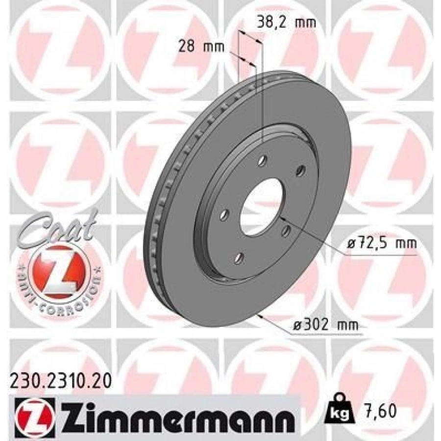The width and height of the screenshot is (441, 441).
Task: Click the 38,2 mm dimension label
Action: point(286,22)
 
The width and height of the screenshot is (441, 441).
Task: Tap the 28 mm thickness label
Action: point(202,46)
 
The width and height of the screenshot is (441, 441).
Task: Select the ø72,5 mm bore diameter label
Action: point(381,243)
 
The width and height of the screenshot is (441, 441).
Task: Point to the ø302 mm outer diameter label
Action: point(326,325)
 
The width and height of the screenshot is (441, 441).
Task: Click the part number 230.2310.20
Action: point(61,383)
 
